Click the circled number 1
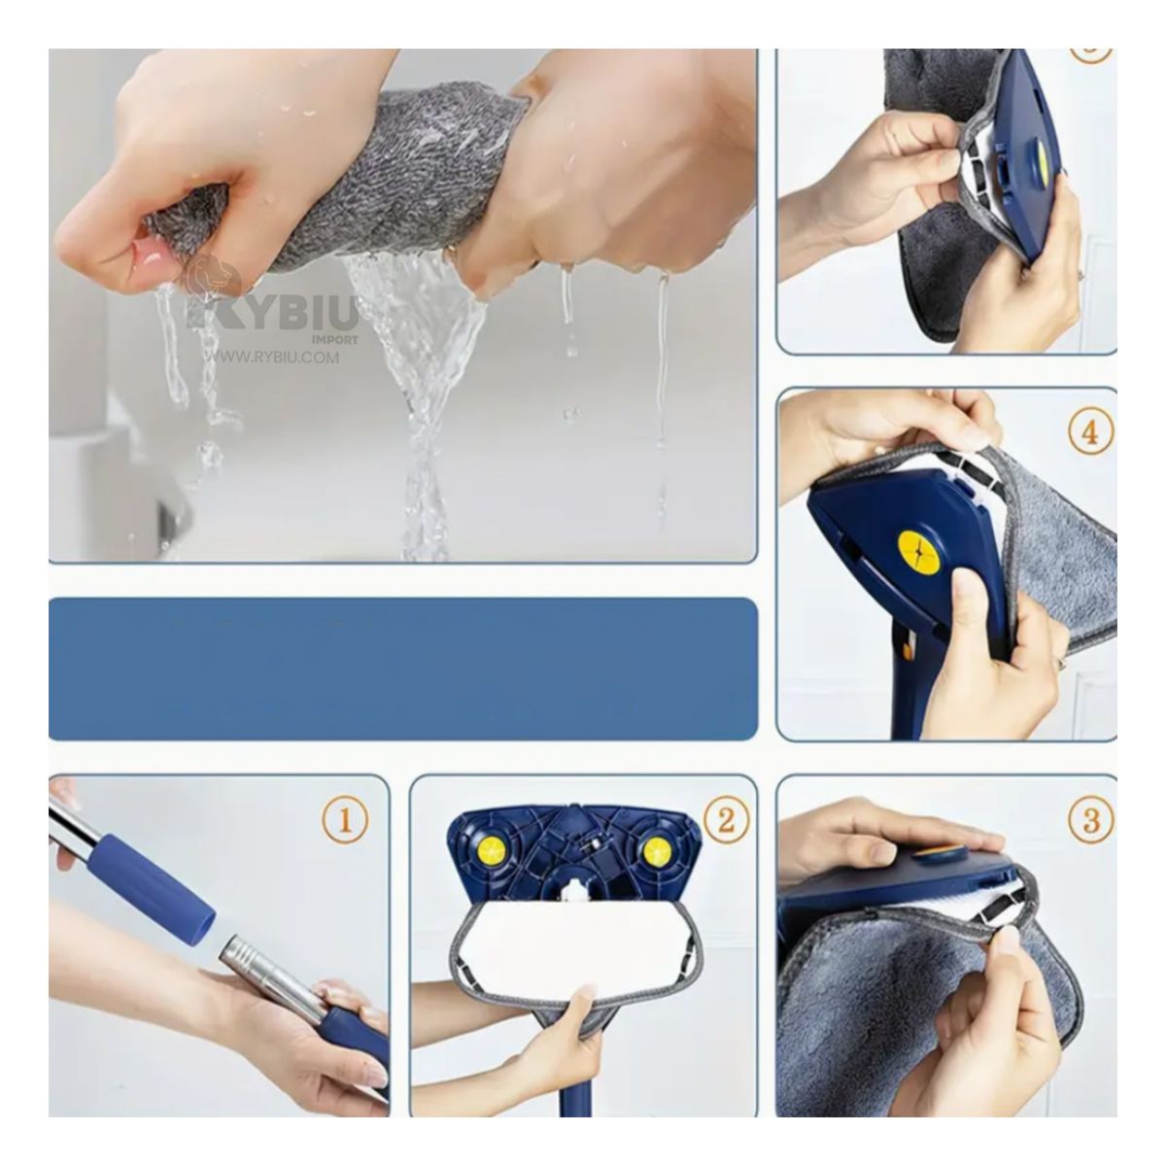pos(345,822)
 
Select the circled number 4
pos(1090,431)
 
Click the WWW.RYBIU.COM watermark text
pos(272,358)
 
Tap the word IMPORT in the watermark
pos(335,339)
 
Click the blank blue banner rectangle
pos(402,669)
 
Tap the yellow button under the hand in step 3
pos(936,855)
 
